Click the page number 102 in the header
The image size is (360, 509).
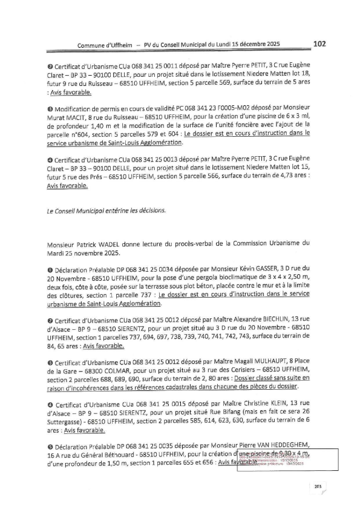pos(320,43)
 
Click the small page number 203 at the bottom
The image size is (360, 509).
pos(316,487)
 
